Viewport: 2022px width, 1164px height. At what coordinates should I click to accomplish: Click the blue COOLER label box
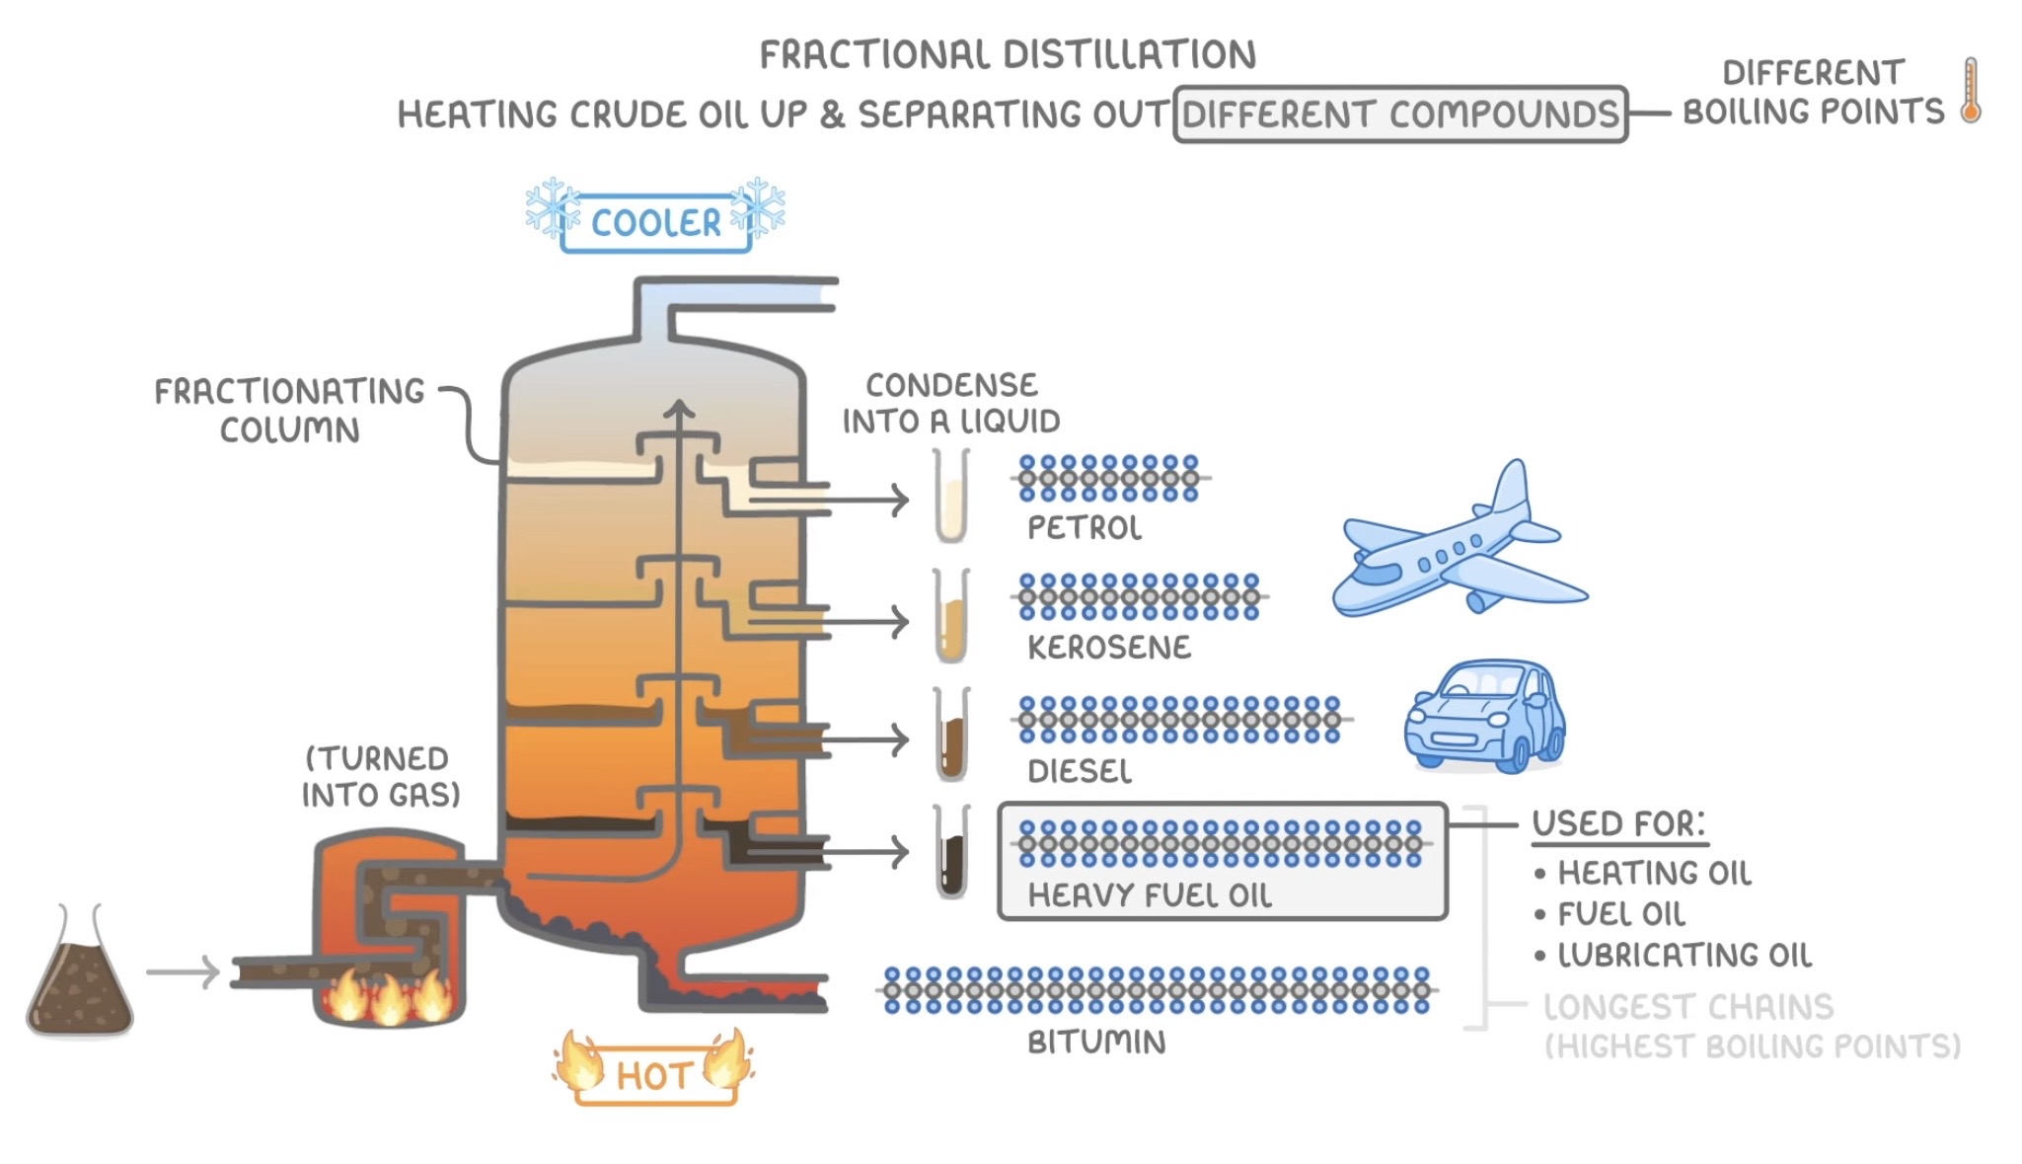coord(655,223)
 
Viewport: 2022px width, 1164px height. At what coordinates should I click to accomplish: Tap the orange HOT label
coord(654,1075)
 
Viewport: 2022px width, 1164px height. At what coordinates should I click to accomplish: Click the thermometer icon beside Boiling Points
coord(1971,90)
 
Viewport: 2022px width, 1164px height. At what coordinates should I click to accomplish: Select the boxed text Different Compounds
coord(1400,115)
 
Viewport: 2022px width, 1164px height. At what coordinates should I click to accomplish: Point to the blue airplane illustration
coord(1460,540)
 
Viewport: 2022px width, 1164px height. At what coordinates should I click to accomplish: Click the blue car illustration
coord(1484,716)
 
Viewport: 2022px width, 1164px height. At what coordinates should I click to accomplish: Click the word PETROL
coord(1085,528)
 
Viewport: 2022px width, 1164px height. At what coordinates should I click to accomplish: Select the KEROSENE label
coord(1109,648)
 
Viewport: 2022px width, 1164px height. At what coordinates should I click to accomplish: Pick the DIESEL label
coord(1080,771)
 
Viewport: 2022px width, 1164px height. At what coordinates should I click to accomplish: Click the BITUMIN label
coord(1096,1043)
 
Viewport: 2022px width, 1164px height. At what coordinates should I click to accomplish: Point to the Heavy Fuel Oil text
coord(1150,895)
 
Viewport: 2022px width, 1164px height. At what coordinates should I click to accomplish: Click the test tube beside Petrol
coord(951,496)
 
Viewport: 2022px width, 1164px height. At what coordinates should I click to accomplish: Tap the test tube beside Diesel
coord(951,735)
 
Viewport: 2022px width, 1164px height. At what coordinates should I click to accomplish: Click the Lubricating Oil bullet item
coord(1674,956)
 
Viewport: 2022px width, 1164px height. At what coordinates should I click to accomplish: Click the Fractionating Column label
coord(290,411)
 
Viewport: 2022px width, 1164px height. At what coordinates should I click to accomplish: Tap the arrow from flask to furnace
coord(183,972)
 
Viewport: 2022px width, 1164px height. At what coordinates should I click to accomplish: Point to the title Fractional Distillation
coord(1008,55)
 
